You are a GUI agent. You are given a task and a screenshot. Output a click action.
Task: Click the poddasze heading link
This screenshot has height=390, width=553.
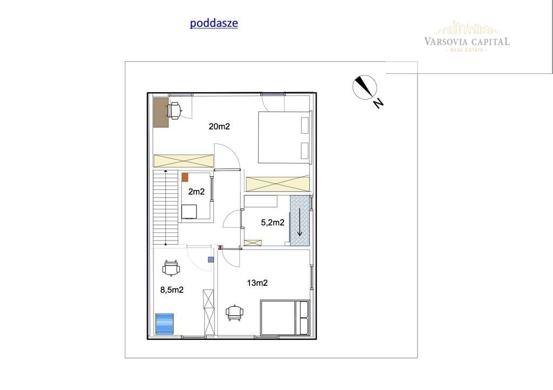214,23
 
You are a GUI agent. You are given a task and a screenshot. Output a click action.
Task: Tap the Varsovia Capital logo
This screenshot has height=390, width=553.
467,37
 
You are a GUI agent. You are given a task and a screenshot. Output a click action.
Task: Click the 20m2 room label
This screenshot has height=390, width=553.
219,127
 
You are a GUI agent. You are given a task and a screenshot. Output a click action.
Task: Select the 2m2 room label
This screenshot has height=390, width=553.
195,191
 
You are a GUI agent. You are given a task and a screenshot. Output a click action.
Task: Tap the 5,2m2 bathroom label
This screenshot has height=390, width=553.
273,222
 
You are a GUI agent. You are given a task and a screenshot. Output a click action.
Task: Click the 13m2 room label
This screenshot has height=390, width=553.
258,283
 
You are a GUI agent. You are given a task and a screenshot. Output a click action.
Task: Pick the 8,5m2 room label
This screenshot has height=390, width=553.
172,290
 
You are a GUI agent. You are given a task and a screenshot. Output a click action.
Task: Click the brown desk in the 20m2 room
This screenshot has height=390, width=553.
160,112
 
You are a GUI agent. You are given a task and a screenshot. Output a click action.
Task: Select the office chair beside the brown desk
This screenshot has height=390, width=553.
174,111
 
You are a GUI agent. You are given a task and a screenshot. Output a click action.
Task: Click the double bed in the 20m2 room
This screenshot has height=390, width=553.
284,137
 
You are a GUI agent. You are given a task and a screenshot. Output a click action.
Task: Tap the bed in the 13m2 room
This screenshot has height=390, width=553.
285,318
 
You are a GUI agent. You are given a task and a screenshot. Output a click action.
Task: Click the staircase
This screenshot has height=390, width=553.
165,207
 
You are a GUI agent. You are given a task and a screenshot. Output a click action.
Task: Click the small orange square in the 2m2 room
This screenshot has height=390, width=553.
185,176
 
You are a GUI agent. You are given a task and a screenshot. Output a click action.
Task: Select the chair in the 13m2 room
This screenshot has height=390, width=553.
234,312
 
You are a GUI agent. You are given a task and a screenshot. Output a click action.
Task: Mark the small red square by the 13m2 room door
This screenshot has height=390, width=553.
220,248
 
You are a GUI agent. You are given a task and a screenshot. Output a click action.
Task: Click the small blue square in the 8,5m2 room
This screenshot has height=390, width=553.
210,259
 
